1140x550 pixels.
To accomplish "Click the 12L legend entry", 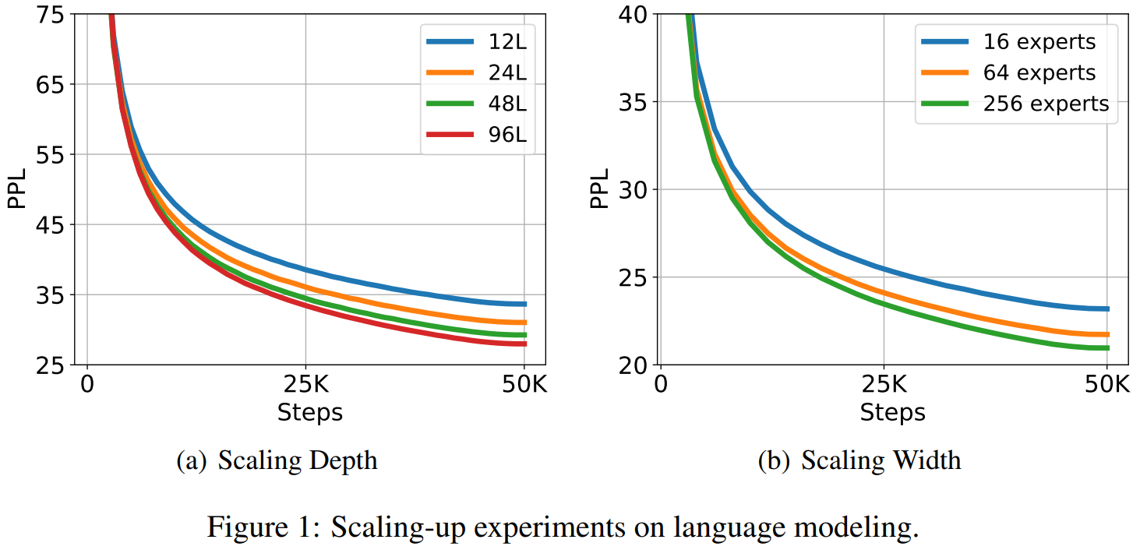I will click(x=503, y=42).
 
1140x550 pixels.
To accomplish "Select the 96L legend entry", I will click(x=503, y=135).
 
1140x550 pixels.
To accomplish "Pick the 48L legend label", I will click(x=503, y=104).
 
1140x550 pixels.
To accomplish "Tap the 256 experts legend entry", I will click(x=1046, y=104).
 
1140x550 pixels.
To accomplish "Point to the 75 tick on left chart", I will click(x=55, y=15).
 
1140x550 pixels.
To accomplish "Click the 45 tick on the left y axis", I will click(x=55, y=225).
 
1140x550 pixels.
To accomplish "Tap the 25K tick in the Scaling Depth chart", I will click(x=305, y=384).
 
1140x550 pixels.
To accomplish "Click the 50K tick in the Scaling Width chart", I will click(x=1106, y=384).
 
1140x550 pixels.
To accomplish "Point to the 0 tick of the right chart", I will click(x=661, y=384).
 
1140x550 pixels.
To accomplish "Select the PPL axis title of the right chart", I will click(x=598, y=190).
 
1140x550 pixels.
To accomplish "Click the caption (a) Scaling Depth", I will click(x=277, y=460).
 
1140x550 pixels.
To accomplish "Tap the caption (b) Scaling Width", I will click(x=859, y=460).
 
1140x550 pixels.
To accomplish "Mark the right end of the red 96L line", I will click(x=525, y=344).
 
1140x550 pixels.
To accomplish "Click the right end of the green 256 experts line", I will click(x=1107, y=347).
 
